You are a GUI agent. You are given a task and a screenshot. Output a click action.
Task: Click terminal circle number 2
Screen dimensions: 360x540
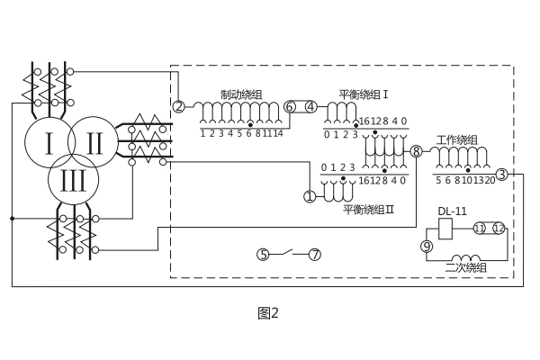[x=179, y=106]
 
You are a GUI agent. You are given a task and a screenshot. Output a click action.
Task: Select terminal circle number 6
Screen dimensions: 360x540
[x=289, y=106]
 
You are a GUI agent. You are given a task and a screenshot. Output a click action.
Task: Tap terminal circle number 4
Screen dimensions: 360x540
[x=311, y=106]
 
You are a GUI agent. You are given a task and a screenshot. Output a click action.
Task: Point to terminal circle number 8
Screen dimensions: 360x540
[x=416, y=151]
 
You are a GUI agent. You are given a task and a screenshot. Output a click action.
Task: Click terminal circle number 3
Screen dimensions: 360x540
[x=501, y=174]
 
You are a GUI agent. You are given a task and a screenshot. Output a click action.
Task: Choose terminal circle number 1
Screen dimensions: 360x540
[x=310, y=195]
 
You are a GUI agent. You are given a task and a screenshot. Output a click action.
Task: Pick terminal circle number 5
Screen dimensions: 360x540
[x=263, y=255]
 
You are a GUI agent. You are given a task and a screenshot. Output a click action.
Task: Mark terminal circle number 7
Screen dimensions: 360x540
[x=314, y=255]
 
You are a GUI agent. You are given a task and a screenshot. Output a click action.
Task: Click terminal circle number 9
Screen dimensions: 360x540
[x=427, y=246]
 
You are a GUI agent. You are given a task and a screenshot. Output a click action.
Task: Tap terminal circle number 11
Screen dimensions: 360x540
[x=479, y=229]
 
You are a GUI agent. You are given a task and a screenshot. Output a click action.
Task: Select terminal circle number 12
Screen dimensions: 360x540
[x=499, y=229]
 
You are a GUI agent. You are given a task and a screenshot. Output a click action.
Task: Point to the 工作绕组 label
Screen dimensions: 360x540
[x=457, y=139]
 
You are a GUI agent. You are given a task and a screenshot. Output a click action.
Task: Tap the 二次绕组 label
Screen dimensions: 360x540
[x=466, y=269]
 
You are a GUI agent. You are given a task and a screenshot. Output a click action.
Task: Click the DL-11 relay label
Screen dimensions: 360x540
[x=453, y=212]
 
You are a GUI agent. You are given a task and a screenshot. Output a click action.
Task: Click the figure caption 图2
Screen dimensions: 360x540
[x=268, y=313]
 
